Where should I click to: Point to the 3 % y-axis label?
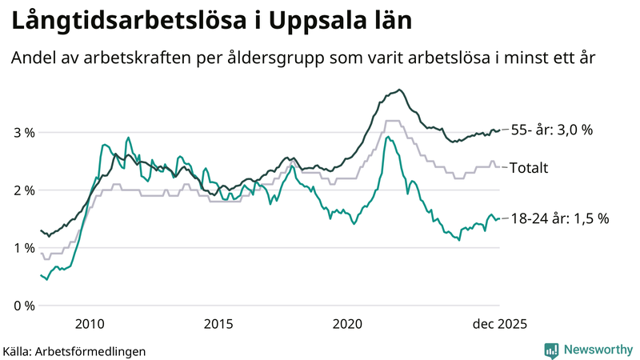click(x=23, y=132)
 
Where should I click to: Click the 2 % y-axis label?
click(x=23, y=190)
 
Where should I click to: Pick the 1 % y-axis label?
click(x=23, y=248)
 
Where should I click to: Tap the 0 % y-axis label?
click(x=23, y=306)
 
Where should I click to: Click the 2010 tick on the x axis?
click(x=89, y=324)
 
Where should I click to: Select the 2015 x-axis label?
click(x=218, y=324)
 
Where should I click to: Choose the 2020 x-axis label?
click(x=348, y=324)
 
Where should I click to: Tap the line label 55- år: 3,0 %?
click(x=551, y=130)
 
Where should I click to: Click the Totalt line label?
click(x=529, y=168)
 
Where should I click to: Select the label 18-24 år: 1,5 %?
click(x=559, y=218)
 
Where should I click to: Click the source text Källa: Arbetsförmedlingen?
click(x=74, y=351)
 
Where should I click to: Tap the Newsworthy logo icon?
click(x=551, y=350)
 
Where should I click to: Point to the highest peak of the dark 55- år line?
click(x=399, y=90)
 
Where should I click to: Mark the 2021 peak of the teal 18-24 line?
click(x=387, y=137)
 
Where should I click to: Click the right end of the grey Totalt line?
click(x=499, y=167)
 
